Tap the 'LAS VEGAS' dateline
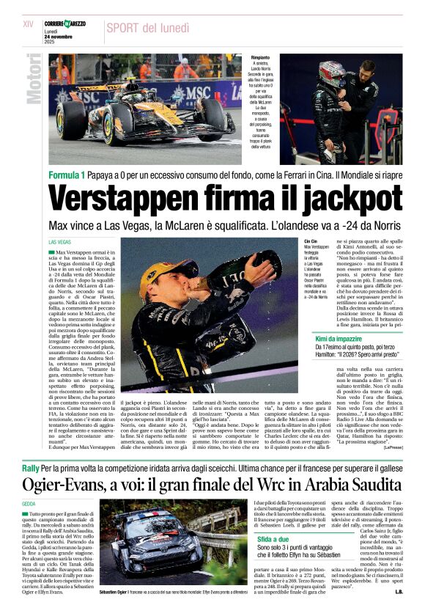click(x=59, y=241)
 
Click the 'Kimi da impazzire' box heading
click(x=339, y=338)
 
